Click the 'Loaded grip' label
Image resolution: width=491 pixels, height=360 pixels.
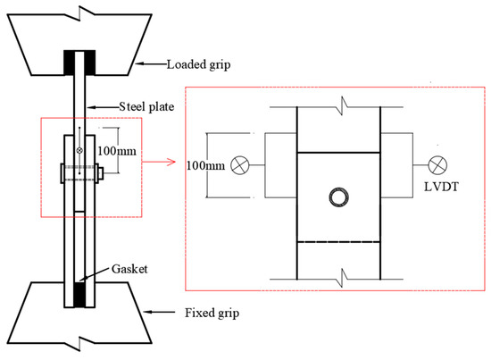pos(198,65)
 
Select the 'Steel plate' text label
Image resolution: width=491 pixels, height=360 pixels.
pos(146,107)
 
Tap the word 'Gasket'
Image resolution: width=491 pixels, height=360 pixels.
pos(129,269)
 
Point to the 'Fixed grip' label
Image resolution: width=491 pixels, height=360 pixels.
pos(212,313)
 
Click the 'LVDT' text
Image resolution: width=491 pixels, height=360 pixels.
pos(441,187)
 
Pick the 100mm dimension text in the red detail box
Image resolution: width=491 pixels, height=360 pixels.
pos(205,165)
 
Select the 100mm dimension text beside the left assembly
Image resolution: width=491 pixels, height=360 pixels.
pos(117,151)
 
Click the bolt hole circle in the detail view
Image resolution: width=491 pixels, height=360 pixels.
pos(339,197)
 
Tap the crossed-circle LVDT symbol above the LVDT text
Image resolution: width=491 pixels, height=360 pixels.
pos(437,164)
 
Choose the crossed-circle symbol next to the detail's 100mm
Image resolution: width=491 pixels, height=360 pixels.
pos(240,165)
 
